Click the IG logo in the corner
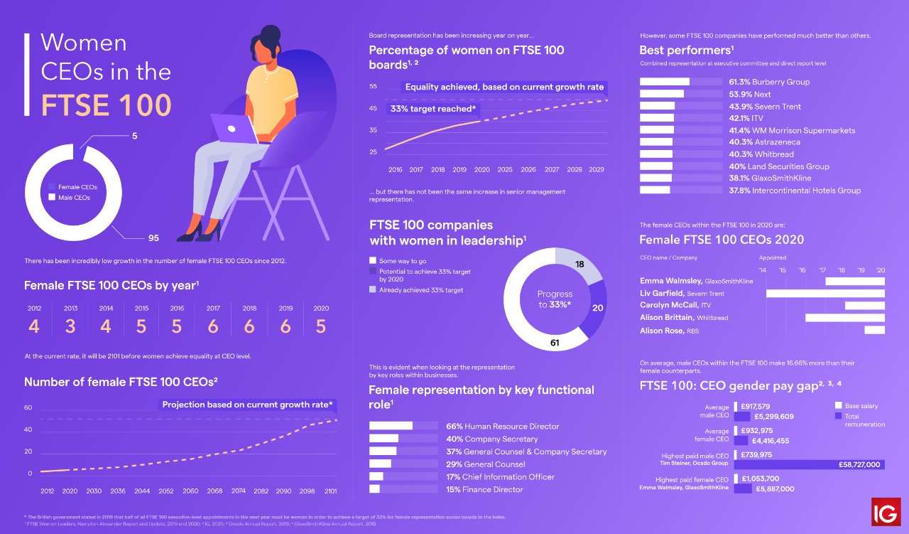point(886,512)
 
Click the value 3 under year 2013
point(71,326)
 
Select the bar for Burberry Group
point(665,82)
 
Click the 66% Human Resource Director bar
point(391,426)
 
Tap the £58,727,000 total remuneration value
point(857,464)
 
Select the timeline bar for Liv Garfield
point(825,294)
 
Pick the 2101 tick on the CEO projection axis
point(331,491)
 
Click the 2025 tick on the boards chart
point(505,170)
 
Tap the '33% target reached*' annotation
point(432,109)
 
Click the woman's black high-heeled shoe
point(192,232)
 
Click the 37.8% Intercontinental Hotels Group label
point(750,190)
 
